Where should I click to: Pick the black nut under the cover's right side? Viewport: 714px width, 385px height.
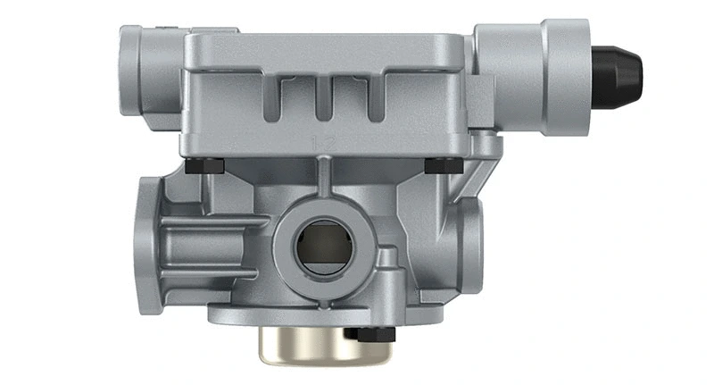[x=444, y=165]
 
